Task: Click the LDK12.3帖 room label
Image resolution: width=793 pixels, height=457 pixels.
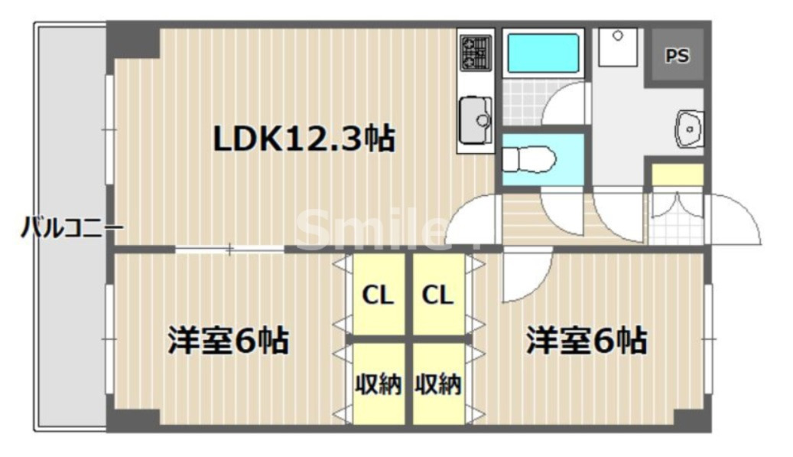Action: pyautogui.click(x=303, y=139)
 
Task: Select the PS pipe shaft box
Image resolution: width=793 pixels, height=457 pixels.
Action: pyautogui.click(x=676, y=57)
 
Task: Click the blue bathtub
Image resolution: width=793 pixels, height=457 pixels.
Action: pyautogui.click(x=544, y=53)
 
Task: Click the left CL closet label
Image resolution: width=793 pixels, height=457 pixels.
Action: pyautogui.click(x=378, y=295)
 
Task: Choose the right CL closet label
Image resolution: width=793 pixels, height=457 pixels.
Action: pyautogui.click(x=437, y=295)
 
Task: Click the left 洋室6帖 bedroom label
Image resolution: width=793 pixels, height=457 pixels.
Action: pyautogui.click(x=228, y=340)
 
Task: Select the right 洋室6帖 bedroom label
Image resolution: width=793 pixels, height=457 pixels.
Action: pyautogui.click(x=586, y=340)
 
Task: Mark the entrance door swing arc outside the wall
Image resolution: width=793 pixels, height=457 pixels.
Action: pyautogui.click(x=736, y=220)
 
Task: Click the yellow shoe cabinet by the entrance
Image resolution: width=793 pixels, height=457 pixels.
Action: pyautogui.click(x=677, y=175)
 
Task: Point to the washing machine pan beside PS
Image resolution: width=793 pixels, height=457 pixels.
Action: pyautogui.click(x=619, y=47)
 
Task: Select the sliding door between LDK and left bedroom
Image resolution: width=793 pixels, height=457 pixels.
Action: pyautogui.click(x=229, y=247)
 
